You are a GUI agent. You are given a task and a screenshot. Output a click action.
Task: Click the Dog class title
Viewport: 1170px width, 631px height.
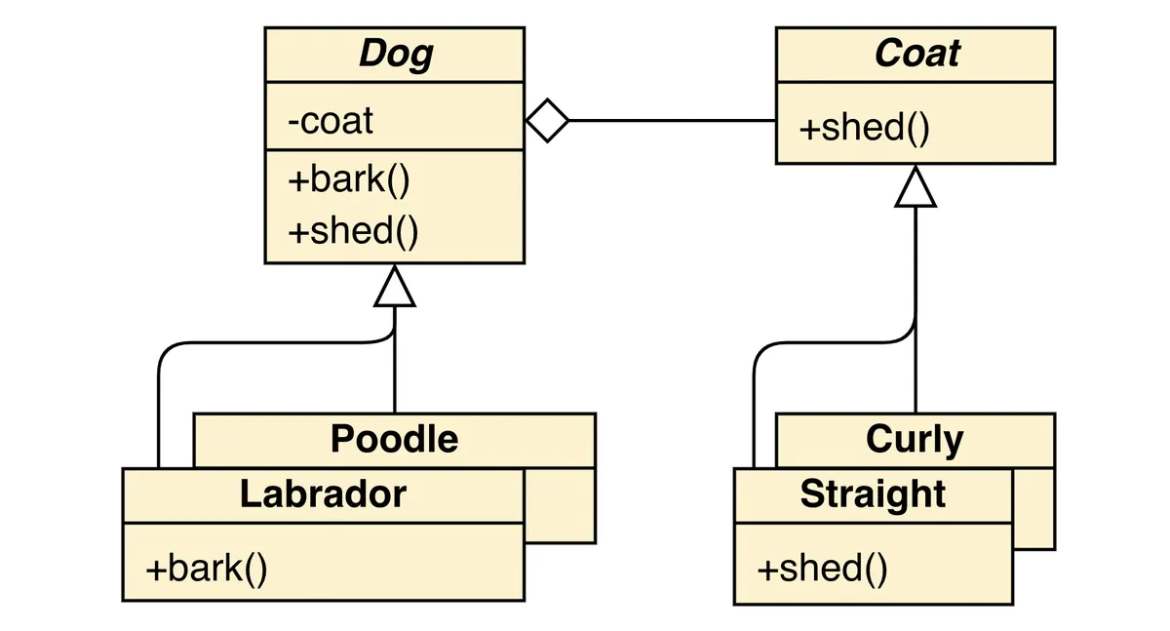click(x=395, y=55)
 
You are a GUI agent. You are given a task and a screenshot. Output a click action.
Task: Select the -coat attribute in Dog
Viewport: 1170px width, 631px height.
click(x=331, y=122)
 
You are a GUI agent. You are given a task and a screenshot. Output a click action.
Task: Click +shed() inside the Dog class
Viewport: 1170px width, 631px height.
click(x=353, y=232)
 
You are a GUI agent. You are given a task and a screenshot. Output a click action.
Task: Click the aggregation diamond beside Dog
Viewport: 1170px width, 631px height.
click(x=547, y=121)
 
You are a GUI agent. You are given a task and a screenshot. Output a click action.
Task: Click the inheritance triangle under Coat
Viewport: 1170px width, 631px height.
click(x=916, y=187)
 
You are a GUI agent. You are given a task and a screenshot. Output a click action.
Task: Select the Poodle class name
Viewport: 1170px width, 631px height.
click(x=395, y=439)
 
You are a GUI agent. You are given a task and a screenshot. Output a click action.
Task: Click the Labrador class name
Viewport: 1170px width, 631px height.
click(x=323, y=494)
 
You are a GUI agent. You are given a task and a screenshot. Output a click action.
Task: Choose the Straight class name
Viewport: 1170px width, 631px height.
click(x=873, y=494)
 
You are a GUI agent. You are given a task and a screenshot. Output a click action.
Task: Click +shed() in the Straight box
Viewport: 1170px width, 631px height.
click(x=822, y=568)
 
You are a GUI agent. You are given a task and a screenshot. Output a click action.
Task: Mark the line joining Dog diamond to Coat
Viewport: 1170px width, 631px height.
click(x=673, y=121)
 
